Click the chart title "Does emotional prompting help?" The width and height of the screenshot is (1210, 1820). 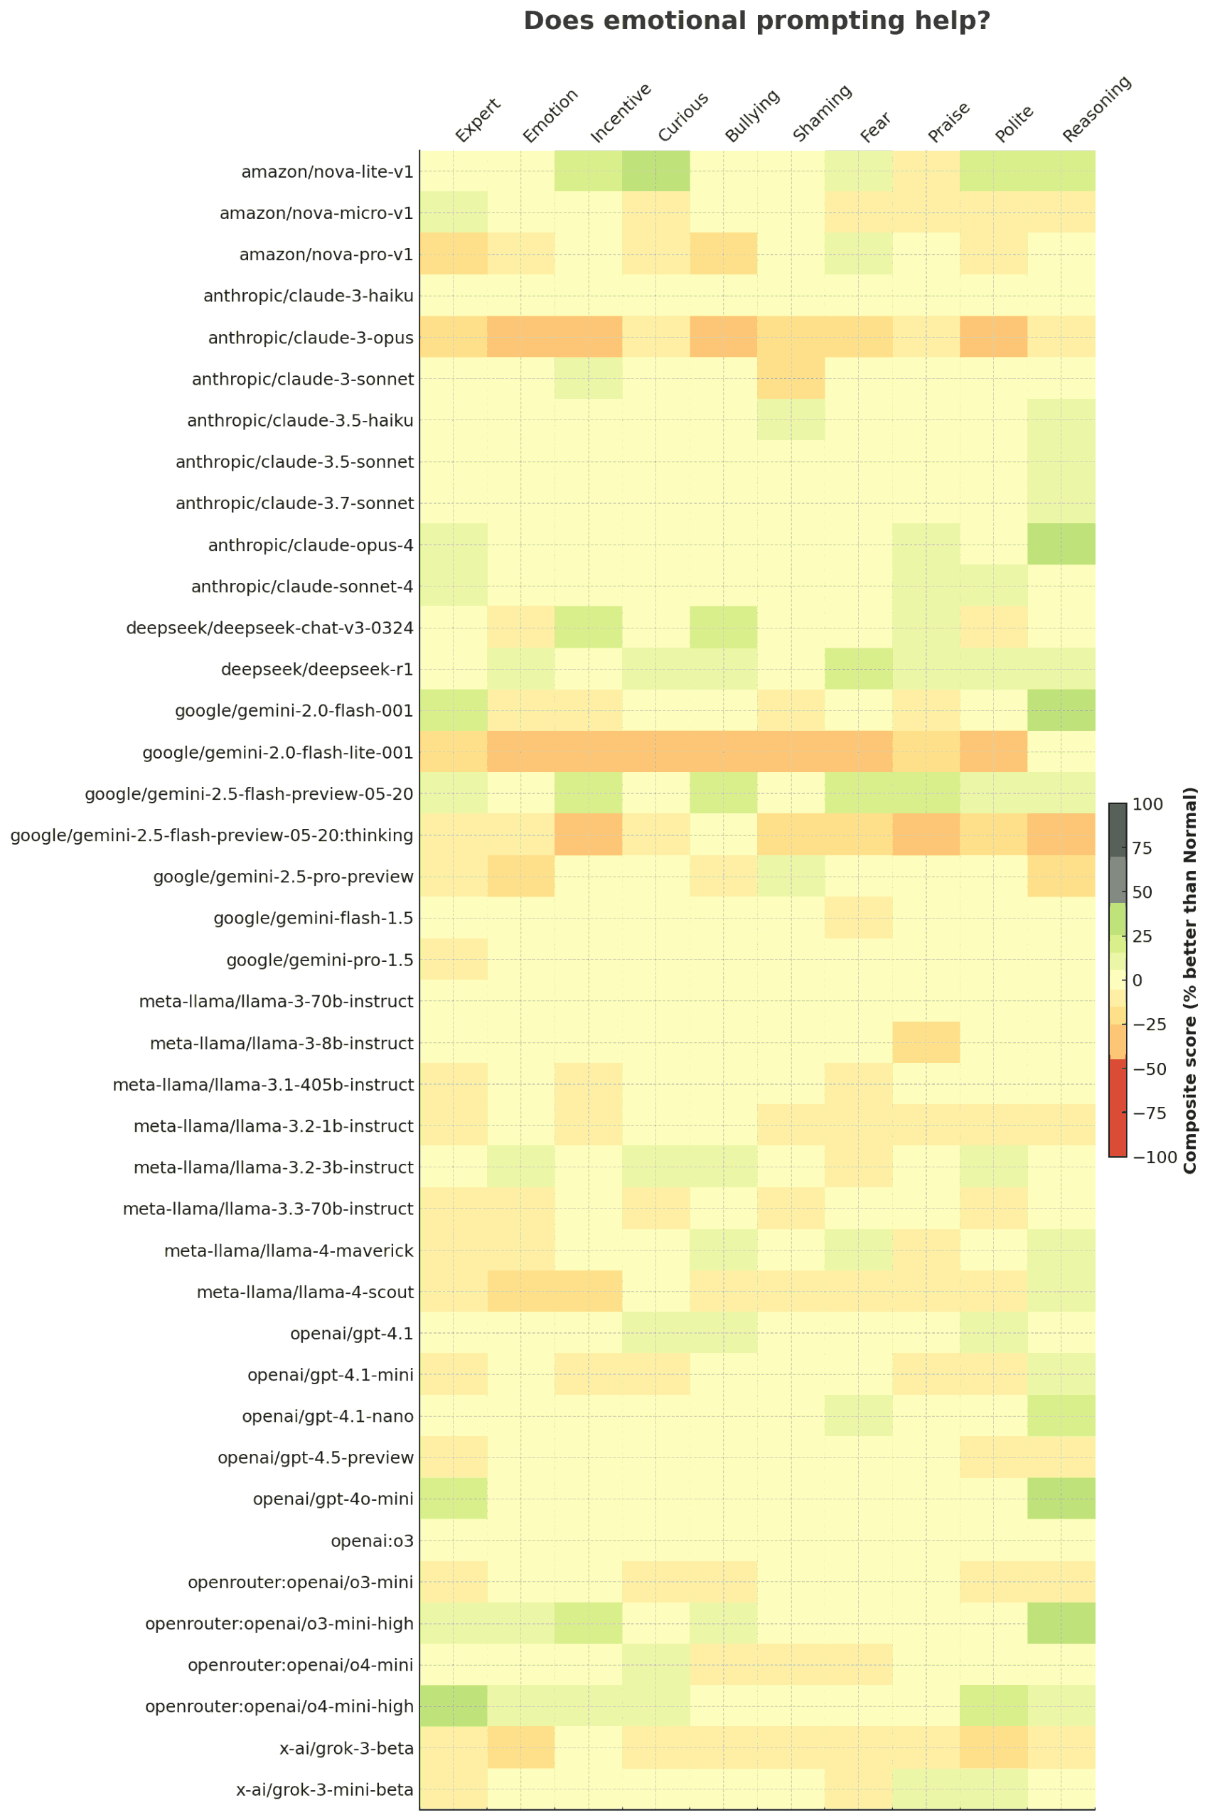coord(756,21)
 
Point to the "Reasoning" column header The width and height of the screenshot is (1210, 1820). coord(1096,109)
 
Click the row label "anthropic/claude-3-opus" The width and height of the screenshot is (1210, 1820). coord(310,338)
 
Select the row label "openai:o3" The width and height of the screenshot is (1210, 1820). coord(372,1541)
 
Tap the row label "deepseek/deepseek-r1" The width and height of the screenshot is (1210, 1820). coord(317,669)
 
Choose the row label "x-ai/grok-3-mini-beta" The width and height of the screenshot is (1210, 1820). coord(325,1789)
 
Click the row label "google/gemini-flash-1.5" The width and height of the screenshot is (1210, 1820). coord(314,918)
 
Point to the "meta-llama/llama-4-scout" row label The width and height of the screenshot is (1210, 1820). coord(306,1292)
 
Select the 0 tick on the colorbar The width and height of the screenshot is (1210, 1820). coord(1137,980)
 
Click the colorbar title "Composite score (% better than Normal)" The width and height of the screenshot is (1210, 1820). coord(1191,980)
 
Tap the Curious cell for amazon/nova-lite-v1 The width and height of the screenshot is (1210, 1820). coord(656,171)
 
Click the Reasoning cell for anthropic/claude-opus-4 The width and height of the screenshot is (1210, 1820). coord(1061,545)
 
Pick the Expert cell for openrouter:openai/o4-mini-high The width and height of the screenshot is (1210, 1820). coord(454,1706)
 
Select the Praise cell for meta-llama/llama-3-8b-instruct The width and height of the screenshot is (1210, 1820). coord(926,1042)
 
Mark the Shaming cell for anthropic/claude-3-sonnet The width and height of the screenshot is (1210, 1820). coord(791,379)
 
